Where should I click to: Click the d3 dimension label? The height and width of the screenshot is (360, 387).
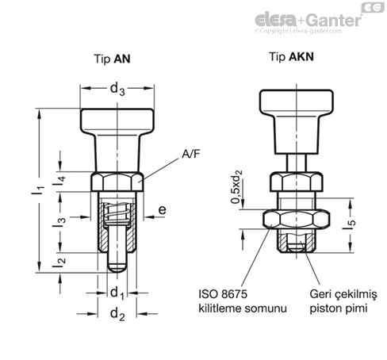pos(117,89)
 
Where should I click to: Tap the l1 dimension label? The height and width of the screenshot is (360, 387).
pos(38,190)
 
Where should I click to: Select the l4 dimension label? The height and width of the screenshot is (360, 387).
pos(59,181)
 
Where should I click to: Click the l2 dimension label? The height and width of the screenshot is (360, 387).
pos(59,262)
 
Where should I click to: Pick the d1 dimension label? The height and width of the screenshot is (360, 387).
pos(117,293)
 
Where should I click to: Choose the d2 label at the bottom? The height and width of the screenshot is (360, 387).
pos(117,315)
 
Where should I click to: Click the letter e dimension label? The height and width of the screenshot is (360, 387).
pos(162,210)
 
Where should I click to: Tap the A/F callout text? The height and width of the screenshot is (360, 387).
pos(190,154)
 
